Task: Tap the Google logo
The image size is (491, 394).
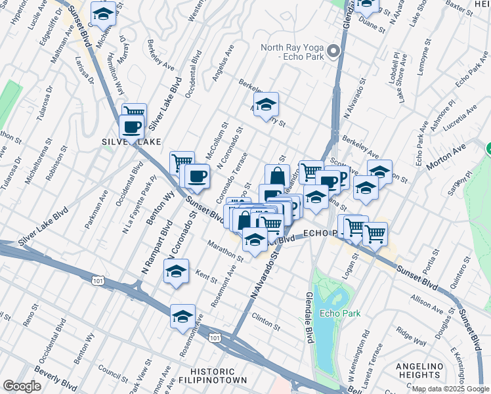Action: pyautogui.click(x=22, y=386)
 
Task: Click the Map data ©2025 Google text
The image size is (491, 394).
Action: pyautogui.click(x=450, y=389)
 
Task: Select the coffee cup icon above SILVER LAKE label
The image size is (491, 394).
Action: pyautogui.click(x=132, y=126)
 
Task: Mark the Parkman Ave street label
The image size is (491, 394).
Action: pyautogui.click(x=96, y=209)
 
